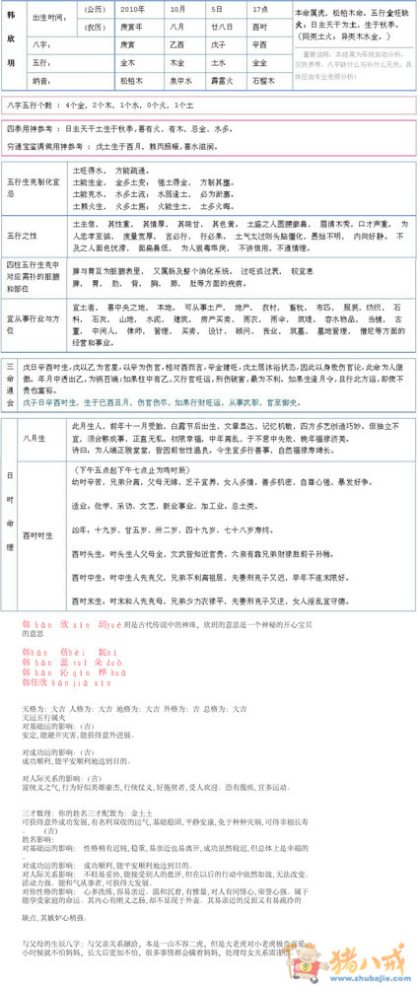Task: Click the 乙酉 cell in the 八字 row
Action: pos(176,43)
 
